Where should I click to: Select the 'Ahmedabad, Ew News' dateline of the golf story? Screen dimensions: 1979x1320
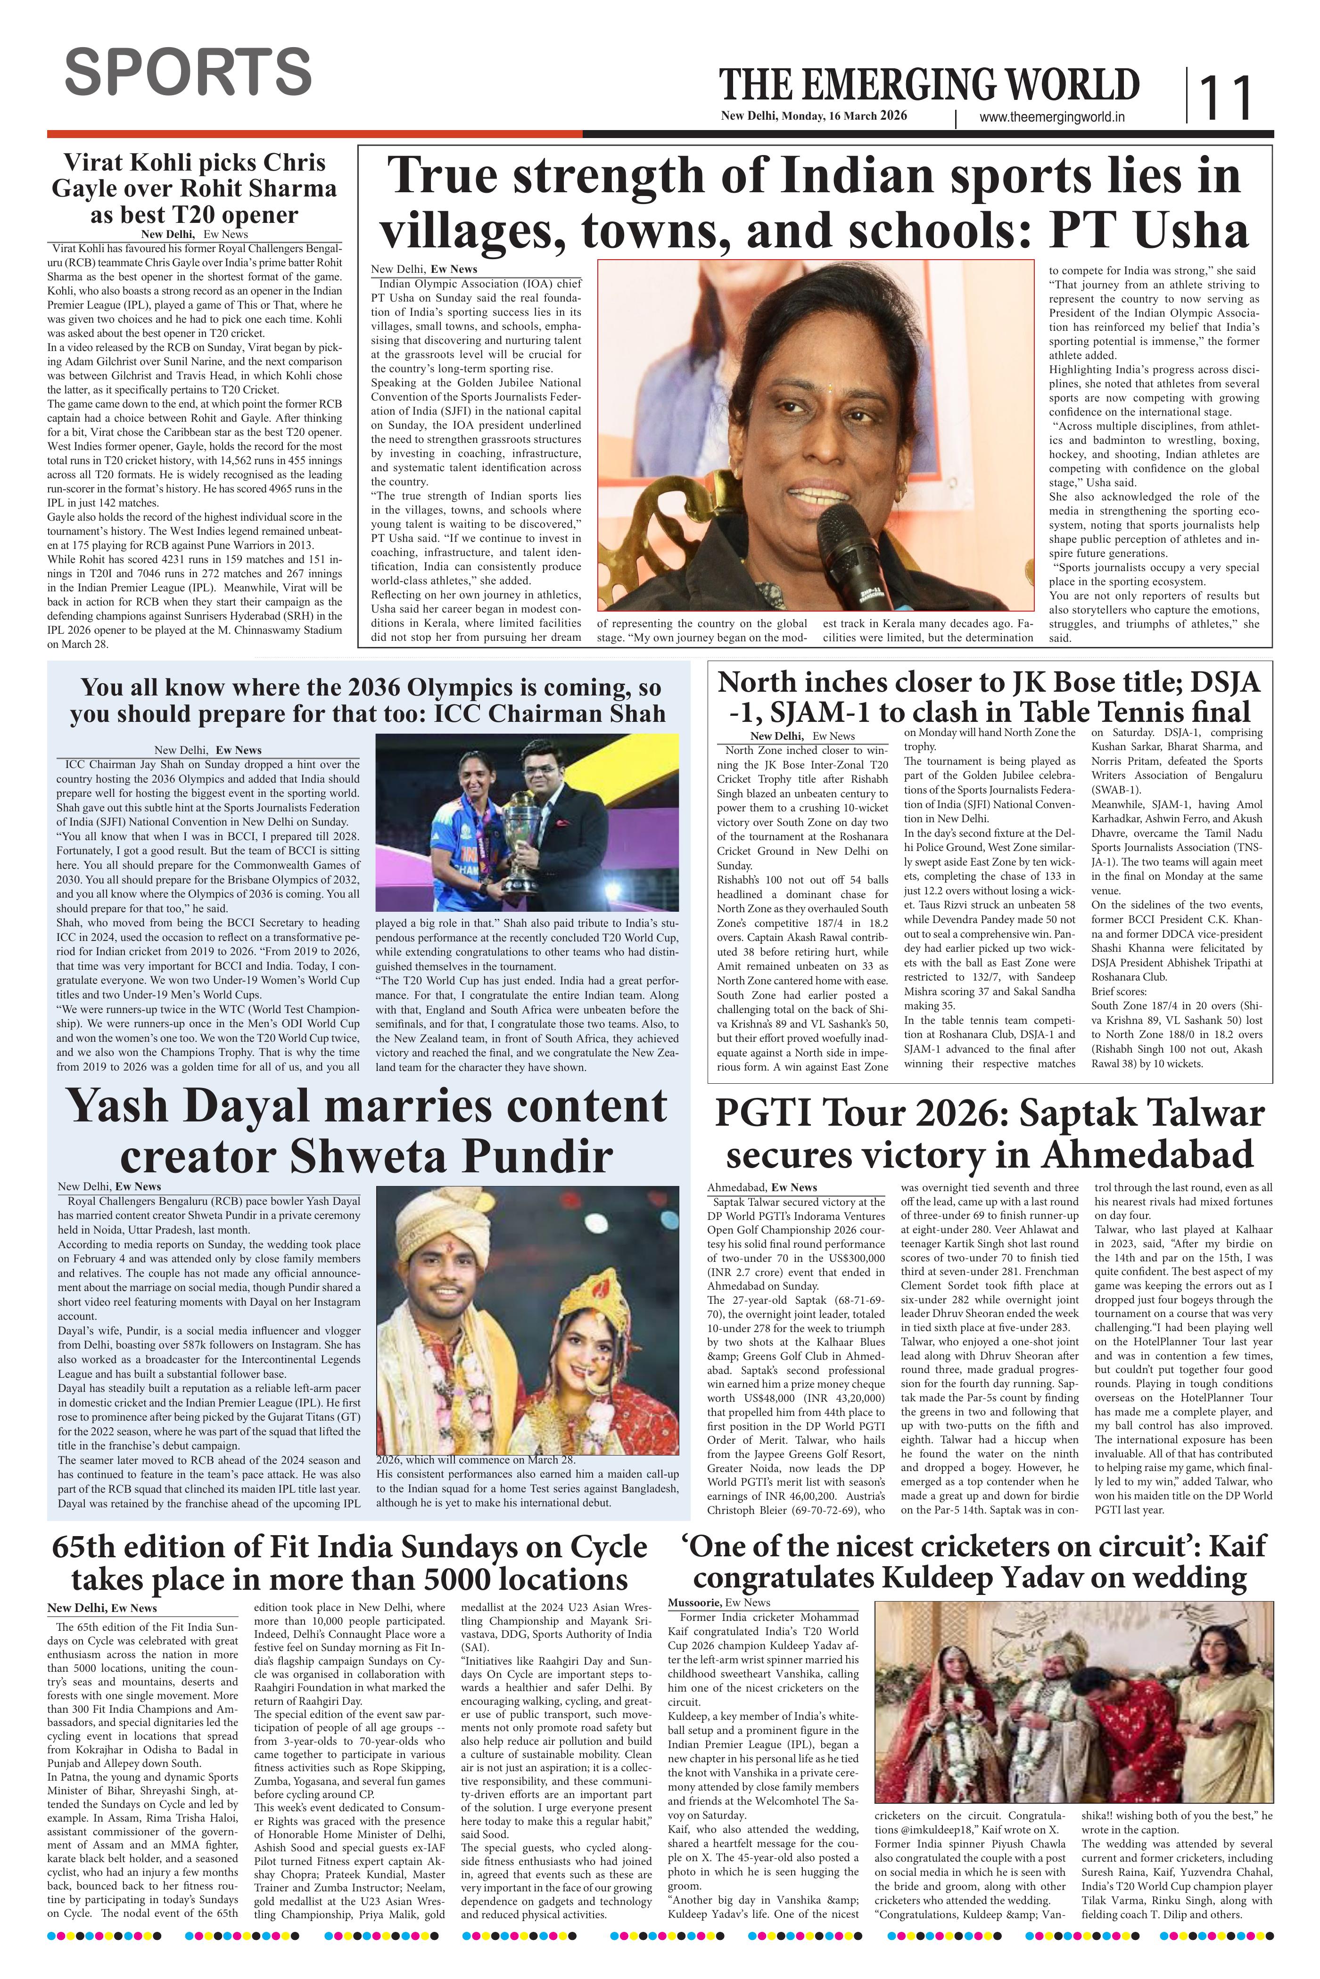point(762,1187)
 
